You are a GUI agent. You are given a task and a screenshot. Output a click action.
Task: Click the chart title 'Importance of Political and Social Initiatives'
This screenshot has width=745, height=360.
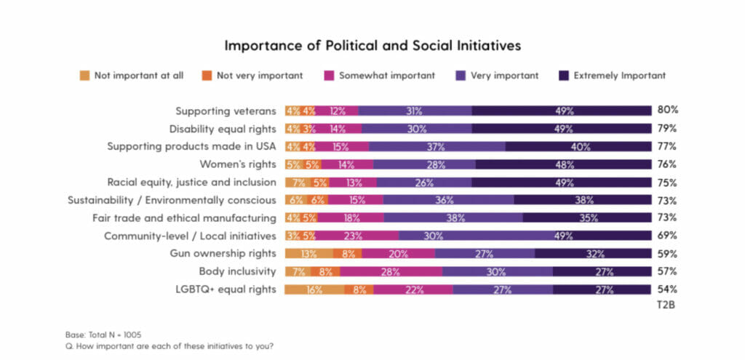tap(372, 45)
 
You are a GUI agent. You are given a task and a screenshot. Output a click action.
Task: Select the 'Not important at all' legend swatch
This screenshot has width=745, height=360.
tap(84, 76)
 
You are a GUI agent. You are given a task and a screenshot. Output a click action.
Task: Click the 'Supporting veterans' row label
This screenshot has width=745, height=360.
tap(226, 111)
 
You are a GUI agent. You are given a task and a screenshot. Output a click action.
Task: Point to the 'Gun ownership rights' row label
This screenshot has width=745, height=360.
tap(223, 253)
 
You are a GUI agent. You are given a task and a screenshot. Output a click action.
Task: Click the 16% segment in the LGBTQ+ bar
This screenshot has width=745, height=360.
tap(314, 289)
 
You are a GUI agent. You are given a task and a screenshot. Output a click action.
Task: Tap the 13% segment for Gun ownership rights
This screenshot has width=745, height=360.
tap(308, 254)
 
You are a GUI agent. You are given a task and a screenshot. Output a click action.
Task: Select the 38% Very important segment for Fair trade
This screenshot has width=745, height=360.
tap(453, 218)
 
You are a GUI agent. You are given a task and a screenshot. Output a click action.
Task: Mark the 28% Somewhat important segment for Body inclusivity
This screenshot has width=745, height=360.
tap(390, 272)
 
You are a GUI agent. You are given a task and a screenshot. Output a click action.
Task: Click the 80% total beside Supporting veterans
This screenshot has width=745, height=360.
tap(668, 111)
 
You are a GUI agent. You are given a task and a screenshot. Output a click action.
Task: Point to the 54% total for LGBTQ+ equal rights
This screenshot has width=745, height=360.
tap(668, 289)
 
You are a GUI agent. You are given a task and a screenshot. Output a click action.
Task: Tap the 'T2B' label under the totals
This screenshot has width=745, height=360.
tap(667, 305)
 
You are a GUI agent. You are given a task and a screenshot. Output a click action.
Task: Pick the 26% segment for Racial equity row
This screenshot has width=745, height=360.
tap(426, 183)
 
